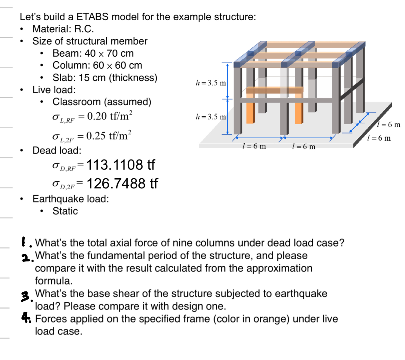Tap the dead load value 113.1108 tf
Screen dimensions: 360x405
click(x=120, y=165)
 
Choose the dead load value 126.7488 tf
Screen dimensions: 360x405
click(x=122, y=184)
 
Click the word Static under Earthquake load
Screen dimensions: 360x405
click(x=65, y=211)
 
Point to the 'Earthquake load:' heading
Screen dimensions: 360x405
click(x=70, y=199)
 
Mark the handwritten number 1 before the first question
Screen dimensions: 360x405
click(x=23, y=242)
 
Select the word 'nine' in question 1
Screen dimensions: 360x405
click(x=186, y=243)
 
